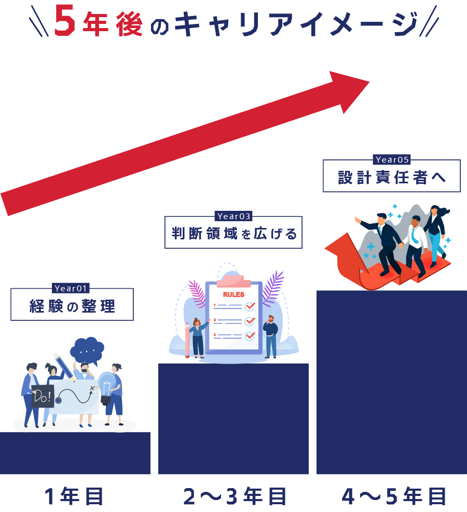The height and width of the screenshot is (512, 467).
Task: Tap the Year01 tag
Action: (x=72, y=289)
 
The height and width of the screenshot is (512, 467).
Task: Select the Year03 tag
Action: (x=233, y=217)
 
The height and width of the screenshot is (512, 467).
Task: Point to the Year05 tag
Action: (x=392, y=160)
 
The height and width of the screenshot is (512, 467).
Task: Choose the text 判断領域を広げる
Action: (x=234, y=234)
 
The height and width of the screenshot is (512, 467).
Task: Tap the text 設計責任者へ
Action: (x=392, y=178)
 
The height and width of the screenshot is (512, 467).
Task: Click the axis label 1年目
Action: (x=75, y=496)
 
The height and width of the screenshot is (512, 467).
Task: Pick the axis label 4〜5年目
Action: (x=394, y=496)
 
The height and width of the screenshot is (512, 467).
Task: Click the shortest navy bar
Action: (x=75, y=453)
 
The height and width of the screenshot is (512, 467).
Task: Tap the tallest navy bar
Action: (x=392, y=382)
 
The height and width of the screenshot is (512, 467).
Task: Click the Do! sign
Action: (x=42, y=397)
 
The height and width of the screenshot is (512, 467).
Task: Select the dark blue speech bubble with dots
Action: (x=87, y=350)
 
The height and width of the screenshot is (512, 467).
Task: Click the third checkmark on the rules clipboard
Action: (x=250, y=335)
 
